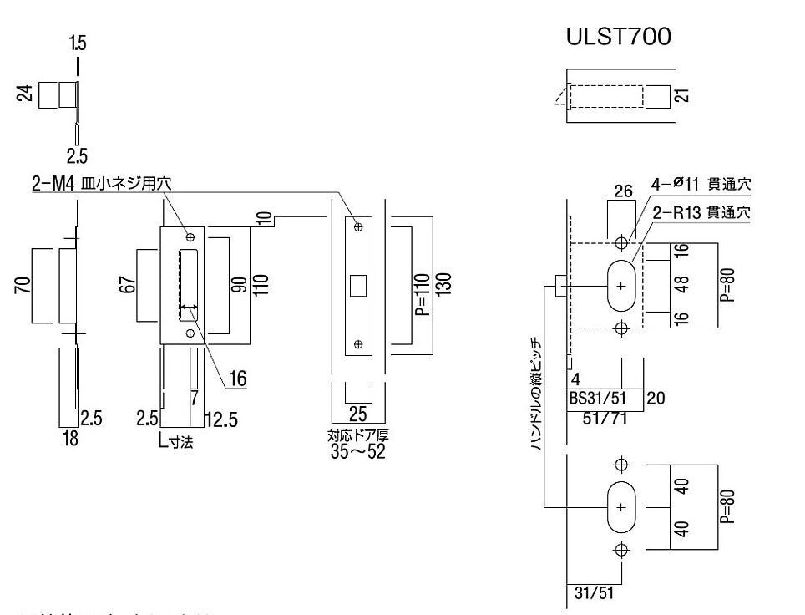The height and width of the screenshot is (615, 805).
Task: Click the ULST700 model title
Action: [x=618, y=38]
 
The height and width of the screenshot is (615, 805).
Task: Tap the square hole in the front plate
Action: [x=357, y=285]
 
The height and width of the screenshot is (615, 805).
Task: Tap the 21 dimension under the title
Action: [x=683, y=95]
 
